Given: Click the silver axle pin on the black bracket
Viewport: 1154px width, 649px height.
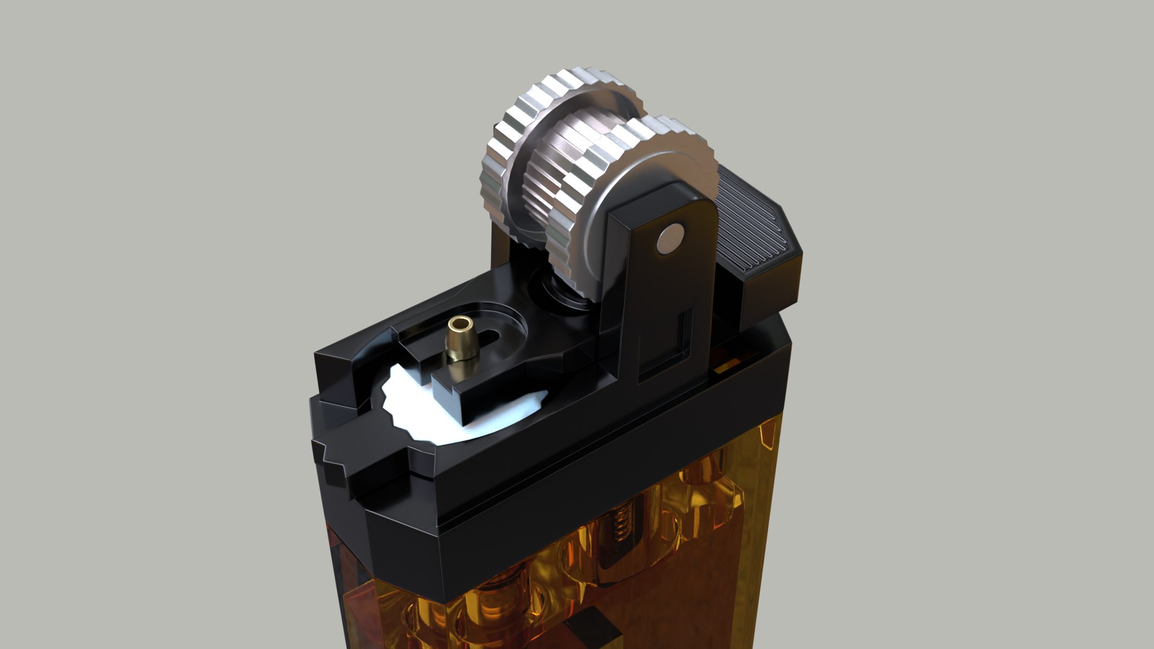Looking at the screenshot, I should (x=671, y=239).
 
